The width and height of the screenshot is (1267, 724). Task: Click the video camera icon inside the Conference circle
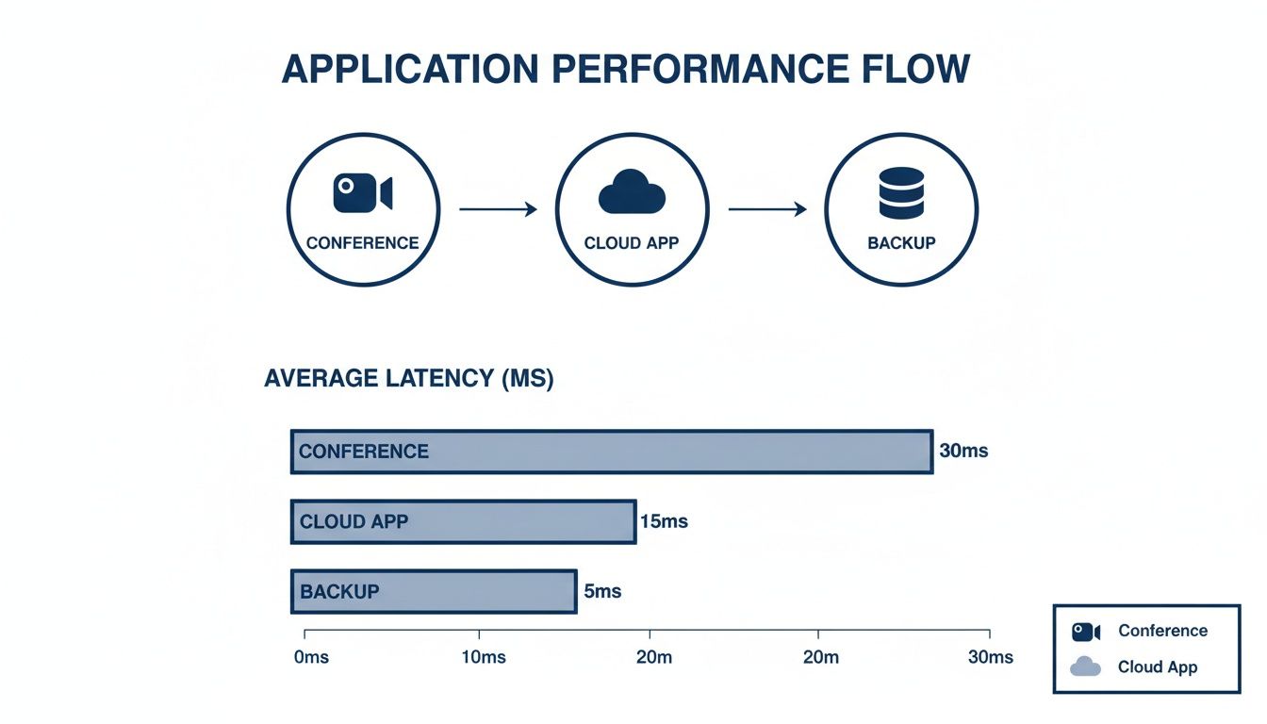[362, 192]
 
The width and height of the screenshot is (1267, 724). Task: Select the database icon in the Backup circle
[900, 192]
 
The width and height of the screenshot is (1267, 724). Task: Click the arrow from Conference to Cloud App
[498, 209]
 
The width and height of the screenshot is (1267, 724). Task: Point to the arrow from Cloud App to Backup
[766, 209]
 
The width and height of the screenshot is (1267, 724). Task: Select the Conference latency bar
[611, 452]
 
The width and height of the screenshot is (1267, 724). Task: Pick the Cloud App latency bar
[463, 521]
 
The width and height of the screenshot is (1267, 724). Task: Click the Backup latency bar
[433, 592]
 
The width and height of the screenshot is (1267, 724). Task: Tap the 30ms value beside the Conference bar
[963, 451]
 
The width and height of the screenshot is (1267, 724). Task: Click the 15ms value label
[664, 521]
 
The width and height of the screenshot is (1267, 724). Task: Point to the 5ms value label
[602, 592]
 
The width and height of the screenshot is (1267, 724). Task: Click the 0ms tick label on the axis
[310, 657]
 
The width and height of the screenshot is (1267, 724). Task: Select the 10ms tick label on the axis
[482, 657]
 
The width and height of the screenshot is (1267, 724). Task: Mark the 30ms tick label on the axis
[990, 657]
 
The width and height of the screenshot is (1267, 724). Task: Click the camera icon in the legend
[1086, 632]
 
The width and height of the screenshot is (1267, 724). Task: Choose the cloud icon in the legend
[1086, 666]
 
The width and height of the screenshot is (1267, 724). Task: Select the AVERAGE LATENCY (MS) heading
[409, 379]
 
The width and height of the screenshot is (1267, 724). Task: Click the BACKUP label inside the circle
[901, 243]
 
